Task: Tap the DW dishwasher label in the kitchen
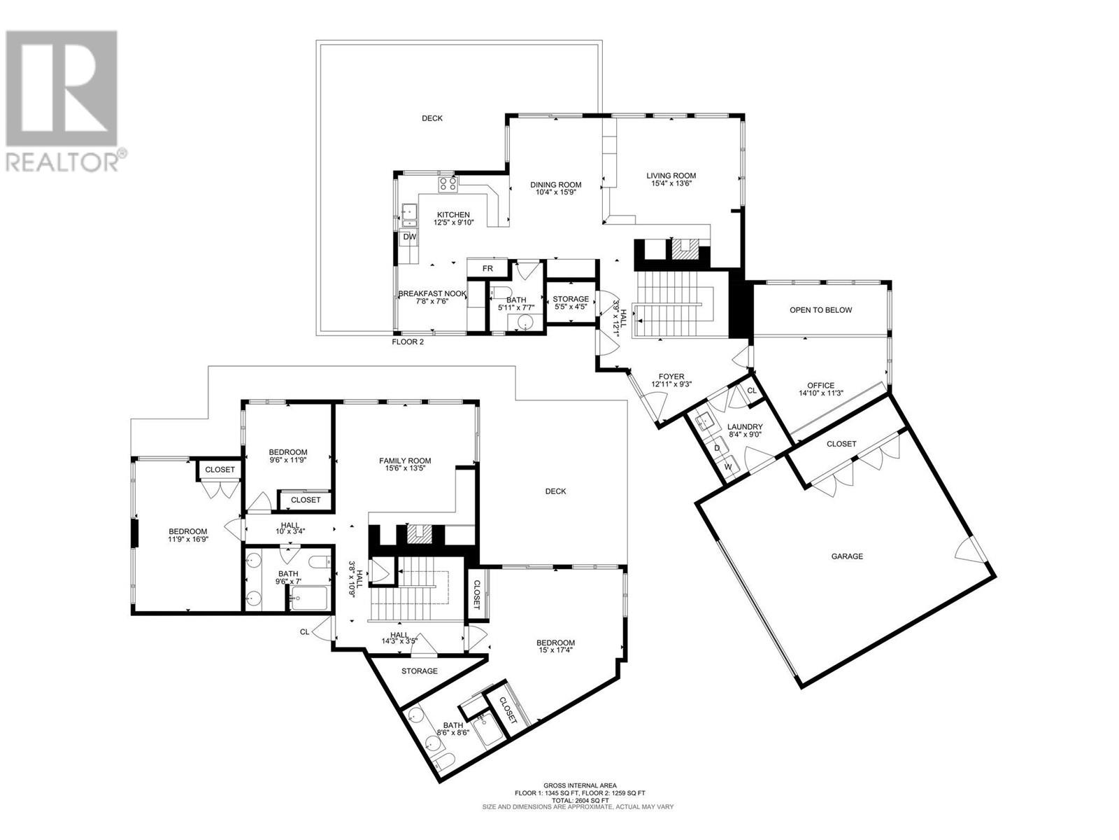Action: coord(410,237)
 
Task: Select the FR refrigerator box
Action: coord(487,269)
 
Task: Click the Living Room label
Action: coord(671,176)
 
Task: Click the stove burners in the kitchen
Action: coord(448,185)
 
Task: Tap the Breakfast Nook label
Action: coord(432,294)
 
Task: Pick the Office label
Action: coord(820,385)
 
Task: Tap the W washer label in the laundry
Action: coord(727,467)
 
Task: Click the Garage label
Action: coord(847,556)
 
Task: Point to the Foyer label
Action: coord(667,376)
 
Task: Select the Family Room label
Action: coord(405,461)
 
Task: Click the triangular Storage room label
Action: coord(419,671)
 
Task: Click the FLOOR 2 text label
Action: coord(407,342)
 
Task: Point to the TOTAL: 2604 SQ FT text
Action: coord(580,799)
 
